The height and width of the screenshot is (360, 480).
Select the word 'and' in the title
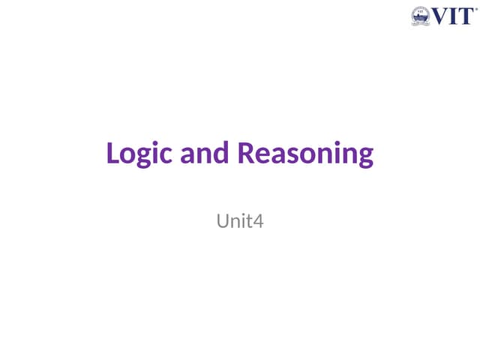(208, 154)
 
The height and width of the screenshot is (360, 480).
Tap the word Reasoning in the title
(305, 154)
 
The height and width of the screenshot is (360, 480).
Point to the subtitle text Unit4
(240, 221)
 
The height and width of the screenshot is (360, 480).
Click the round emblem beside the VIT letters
(421, 16)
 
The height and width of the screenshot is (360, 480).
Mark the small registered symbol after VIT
(475, 10)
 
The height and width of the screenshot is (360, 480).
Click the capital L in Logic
(113, 153)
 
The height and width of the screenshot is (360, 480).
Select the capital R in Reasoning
(247, 153)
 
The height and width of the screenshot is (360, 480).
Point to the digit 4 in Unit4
(259, 221)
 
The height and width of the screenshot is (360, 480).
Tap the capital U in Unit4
(223, 221)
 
